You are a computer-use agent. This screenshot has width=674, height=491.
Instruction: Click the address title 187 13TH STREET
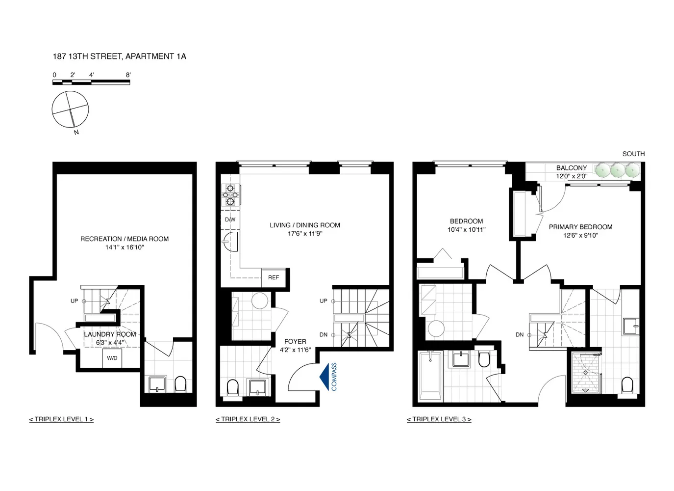point(119,56)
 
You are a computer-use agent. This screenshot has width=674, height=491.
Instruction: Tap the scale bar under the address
point(91,82)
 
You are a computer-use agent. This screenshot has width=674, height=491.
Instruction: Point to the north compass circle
point(71,109)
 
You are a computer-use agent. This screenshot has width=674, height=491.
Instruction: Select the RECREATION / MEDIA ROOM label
point(125,239)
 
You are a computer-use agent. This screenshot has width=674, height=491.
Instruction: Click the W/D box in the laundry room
point(112,358)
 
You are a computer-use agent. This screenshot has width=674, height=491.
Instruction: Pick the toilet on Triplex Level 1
point(180,384)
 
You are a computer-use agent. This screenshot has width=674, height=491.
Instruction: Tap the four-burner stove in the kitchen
point(230,194)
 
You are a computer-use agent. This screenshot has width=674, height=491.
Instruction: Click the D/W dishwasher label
point(230,219)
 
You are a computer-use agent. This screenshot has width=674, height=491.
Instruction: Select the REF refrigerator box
point(274,277)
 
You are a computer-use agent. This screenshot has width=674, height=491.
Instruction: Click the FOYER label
point(295,342)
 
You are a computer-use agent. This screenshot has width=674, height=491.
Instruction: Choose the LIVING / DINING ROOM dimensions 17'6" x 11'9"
point(305,234)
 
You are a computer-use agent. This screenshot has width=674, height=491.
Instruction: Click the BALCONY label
point(571,168)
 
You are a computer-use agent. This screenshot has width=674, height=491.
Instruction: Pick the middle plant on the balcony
point(618,170)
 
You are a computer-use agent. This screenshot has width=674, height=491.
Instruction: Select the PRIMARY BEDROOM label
point(580,227)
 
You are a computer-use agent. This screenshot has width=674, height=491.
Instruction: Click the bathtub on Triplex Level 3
point(431,376)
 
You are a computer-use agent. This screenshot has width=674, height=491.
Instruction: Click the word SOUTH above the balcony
point(633,154)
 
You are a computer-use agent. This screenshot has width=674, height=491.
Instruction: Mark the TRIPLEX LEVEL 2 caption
point(248,419)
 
